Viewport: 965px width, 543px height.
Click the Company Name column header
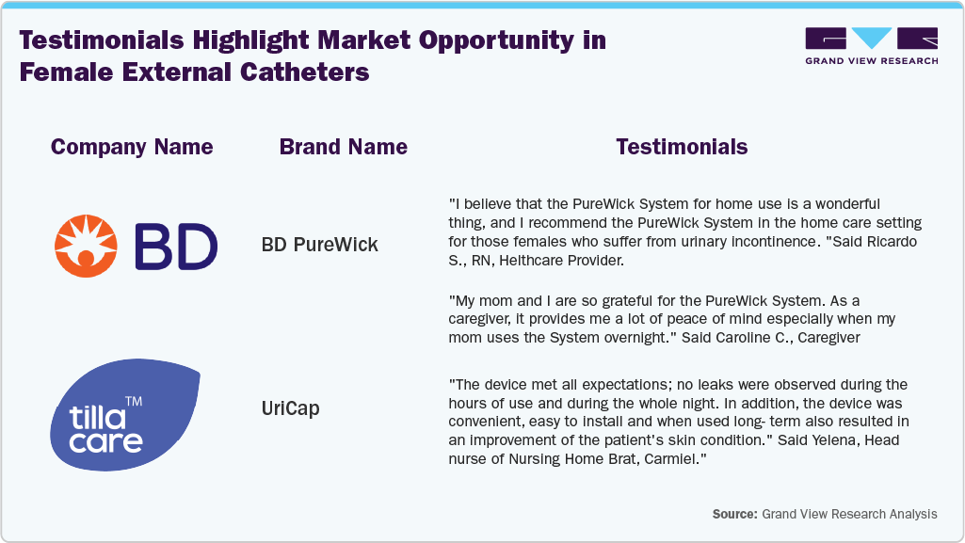132,147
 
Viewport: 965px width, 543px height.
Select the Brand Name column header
343,147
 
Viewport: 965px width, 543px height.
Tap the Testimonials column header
682,147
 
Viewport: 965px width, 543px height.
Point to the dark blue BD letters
176,247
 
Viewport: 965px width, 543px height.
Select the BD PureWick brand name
319,245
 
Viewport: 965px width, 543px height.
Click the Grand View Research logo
871,45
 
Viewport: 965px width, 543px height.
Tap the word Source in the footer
734,514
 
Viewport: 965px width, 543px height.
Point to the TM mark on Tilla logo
134,402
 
